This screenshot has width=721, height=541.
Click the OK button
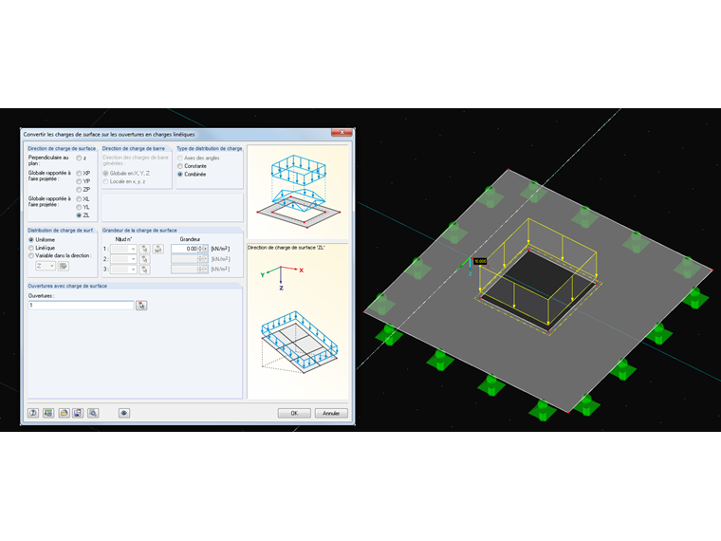tap(294, 413)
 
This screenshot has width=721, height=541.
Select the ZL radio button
tap(80, 215)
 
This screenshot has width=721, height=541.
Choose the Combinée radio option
tap(181, 175)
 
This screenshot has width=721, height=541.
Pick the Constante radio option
tap(181, 166)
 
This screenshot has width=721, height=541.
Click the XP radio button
tap(80, 174)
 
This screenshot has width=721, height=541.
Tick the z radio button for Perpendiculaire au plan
tap(80, 158)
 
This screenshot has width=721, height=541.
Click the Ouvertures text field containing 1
tap(81, 306)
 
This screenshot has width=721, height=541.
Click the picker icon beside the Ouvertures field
tap(141, 306)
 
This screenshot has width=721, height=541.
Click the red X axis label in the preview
tap(301, 270)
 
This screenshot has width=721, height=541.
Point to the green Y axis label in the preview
tap(259, 274)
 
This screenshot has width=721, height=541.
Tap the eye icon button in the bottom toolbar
tap(123, 413)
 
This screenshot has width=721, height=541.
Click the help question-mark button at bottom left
tap(32, 413)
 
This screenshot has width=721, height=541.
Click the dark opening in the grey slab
tap(537, 283)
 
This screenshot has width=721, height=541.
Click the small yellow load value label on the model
tap(479, 261)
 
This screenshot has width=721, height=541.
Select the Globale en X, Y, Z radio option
tap(105, 173)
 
